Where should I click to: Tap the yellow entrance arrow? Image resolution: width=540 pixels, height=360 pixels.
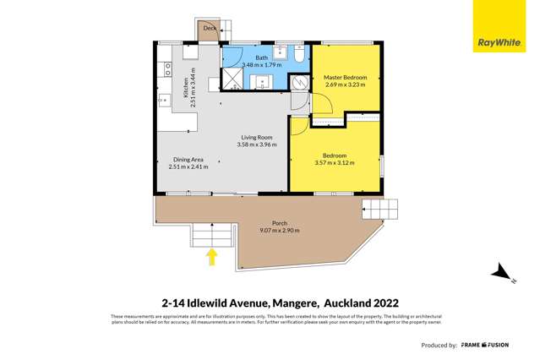[211, 256]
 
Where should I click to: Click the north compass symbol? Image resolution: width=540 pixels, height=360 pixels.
[500, 273]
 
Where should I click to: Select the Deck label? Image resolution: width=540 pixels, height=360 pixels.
[209, 29]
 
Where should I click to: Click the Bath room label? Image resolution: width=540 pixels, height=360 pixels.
[261, 57]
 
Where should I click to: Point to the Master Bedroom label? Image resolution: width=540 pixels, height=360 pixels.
[345, 78]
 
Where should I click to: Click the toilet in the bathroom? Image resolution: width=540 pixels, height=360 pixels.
[298, 52]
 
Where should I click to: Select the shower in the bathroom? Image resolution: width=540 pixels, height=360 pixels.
[232, 79]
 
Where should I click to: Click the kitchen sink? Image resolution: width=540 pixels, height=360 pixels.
[162, 100]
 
